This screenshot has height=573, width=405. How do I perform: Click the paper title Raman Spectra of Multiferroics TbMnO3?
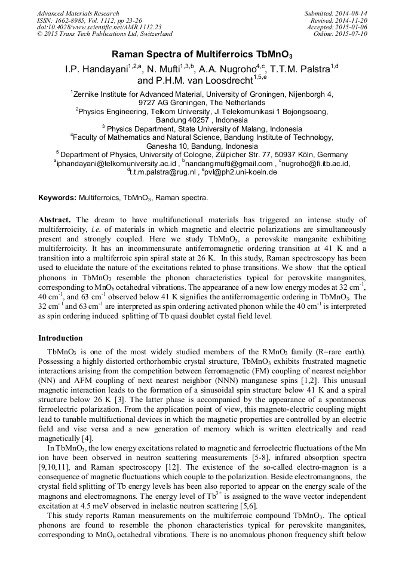click(x=202, y=54)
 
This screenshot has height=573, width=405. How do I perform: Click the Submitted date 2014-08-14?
click(x=346, y=13)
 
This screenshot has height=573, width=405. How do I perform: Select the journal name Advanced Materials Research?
click(x=78, y=13)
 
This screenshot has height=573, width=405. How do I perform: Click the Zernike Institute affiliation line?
click(x=202, y=94)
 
